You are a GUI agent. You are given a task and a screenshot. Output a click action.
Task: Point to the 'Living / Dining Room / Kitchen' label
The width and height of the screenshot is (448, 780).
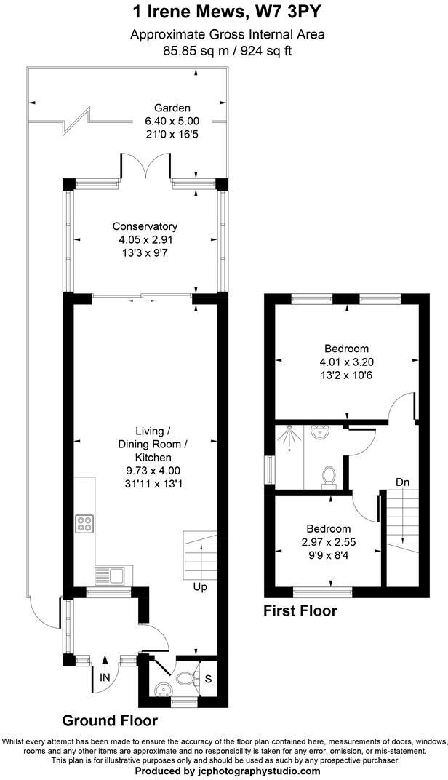[x=144, y=444]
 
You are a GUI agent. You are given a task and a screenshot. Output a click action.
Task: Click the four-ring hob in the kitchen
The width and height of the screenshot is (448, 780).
[x=84, y=524]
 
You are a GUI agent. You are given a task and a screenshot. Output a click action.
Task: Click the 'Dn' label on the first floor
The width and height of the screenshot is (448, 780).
[x=403, y=482]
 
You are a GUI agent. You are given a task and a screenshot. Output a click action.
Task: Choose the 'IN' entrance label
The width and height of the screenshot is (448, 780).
[x=106, y=677]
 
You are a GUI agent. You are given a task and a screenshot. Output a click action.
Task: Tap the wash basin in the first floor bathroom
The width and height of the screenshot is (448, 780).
[x=318, y=433]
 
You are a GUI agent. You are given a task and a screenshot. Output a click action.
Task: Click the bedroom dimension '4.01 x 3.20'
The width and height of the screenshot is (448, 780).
[x=345, y=362]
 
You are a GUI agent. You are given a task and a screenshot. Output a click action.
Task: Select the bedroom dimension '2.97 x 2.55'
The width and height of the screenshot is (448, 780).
[x=328, y=541]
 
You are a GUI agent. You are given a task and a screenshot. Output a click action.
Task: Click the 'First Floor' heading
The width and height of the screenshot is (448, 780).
[x=300, y=611]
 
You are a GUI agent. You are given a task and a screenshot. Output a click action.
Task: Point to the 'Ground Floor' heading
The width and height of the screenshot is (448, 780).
[x=109, y=721]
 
